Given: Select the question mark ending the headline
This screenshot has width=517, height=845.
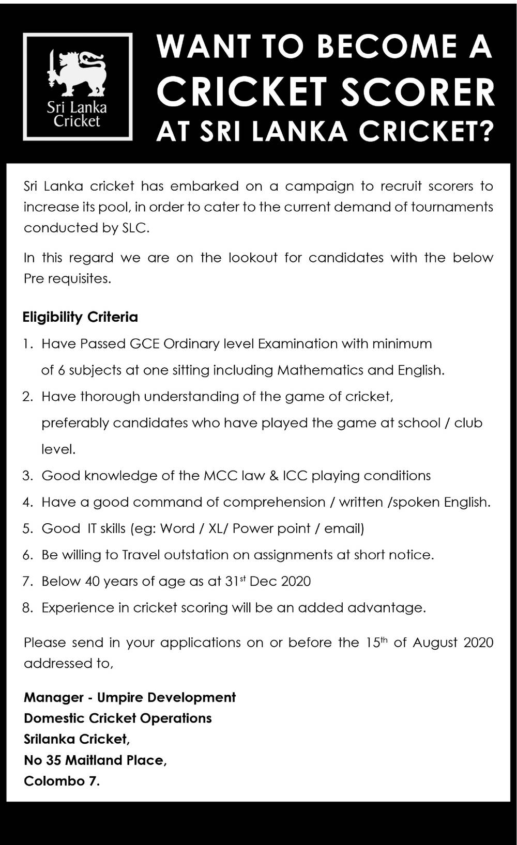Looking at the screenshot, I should [485, 131].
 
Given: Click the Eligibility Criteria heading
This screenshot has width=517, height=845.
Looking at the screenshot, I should [80, 317].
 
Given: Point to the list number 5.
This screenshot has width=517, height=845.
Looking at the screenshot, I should [27, 528].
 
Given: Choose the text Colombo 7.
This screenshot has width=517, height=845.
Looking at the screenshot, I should [62, 781].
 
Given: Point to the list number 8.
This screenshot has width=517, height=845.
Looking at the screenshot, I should [27, 608].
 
